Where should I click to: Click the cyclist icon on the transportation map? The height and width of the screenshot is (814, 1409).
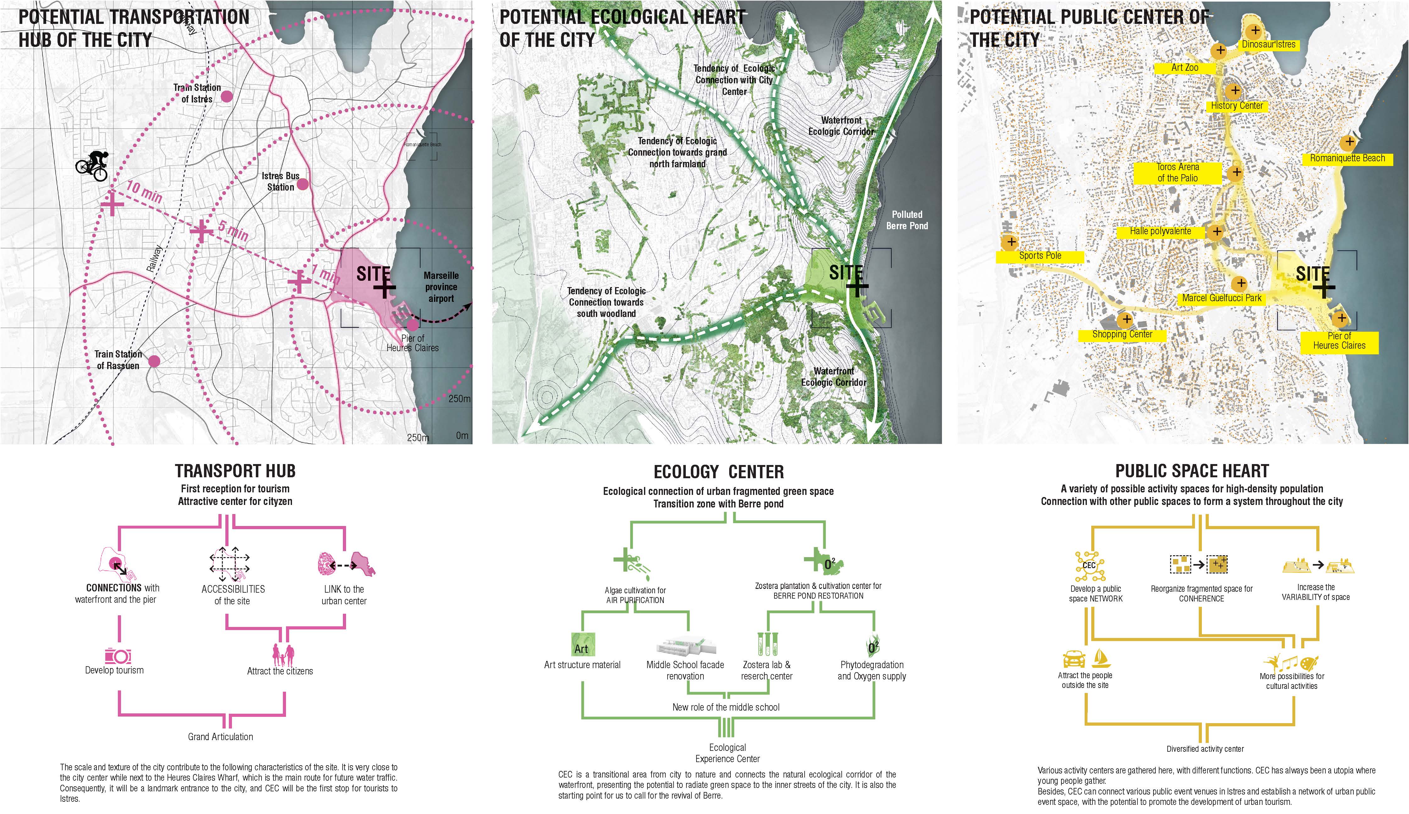[x=92, y=165]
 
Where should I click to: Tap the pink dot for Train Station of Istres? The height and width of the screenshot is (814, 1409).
[x=226, y=96]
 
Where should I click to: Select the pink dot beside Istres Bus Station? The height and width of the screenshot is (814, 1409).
[x=302, y=184]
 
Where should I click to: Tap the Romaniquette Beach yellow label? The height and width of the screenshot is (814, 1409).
[x=1347, y=158]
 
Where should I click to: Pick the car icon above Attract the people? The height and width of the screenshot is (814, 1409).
[x=1074, y=659]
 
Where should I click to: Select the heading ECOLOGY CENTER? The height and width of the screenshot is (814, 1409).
[x=718, y=472]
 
